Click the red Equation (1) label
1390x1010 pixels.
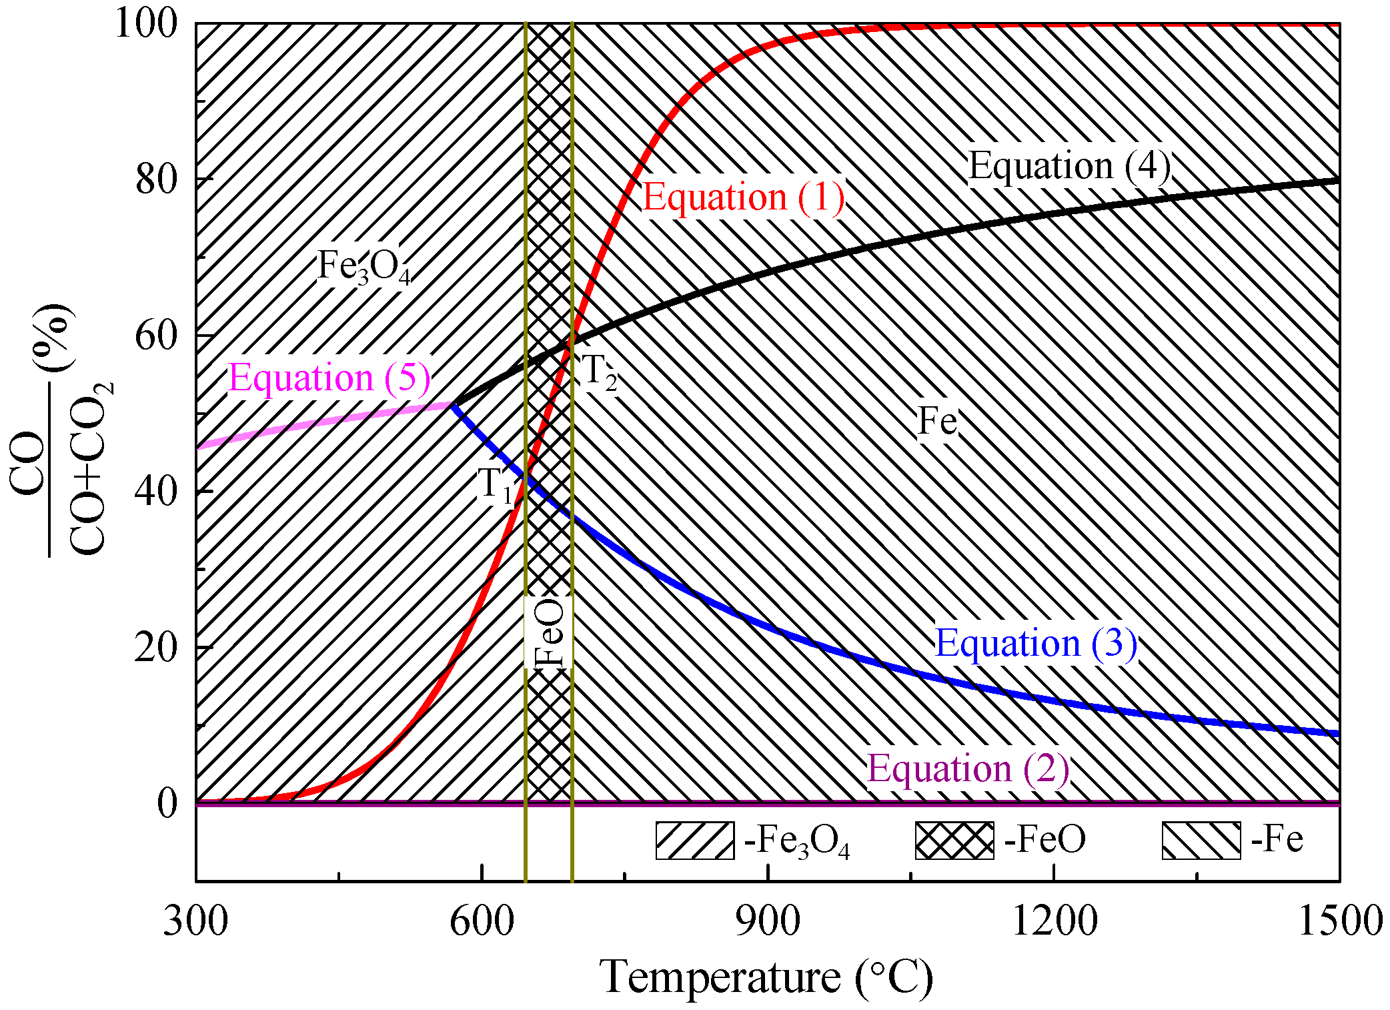click(x=743, y=197)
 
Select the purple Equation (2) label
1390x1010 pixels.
click(x=967, y=769)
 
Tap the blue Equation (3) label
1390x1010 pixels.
click(x=1035, y=643)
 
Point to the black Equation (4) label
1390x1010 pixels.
click(x=1069, y=165)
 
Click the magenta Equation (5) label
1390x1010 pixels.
click(x=329, y=378)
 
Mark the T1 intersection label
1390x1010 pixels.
click(x=496, y=484)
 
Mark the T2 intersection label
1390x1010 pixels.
click(x=599, y=371)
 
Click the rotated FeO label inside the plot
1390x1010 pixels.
click(x=549, y=632)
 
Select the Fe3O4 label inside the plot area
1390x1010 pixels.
click(x=364, y=267)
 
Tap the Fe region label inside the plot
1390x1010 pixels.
click(x=937, y=421)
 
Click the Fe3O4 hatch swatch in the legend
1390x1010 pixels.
click(x=694, y=841)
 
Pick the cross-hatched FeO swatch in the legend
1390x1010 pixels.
click(x=954, y=841)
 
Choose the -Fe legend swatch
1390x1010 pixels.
click(x=1201, y=841)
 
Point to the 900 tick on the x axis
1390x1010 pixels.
click(x=768, y=922)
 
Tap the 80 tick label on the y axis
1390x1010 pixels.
click(x=156, y=179)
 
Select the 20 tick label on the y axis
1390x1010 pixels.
click(x=156, y=647)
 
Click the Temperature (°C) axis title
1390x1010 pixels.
click(x=766, y=978)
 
